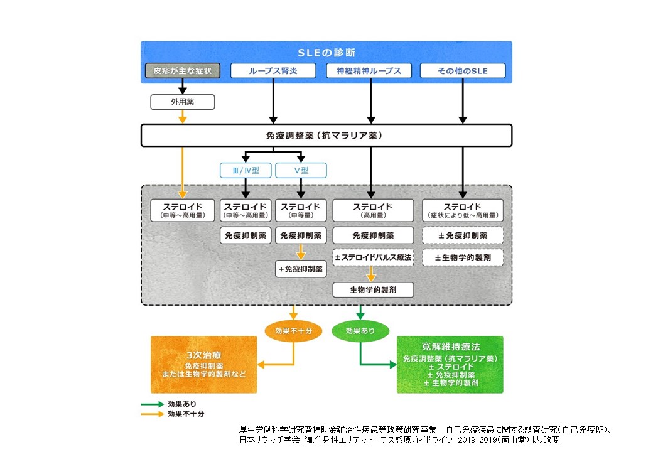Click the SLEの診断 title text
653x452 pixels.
click(326, 53)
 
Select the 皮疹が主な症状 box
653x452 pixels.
click(183, 71)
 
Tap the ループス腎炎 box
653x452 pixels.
click(273, 71)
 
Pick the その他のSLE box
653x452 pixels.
click(463, 71)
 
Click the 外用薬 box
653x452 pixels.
click(183, 101)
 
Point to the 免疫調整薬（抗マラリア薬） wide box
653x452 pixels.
click(326, 136)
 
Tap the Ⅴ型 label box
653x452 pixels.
click(301, 170)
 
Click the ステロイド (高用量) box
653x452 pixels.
click(373, 211)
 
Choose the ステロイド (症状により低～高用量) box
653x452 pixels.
click(463, 211)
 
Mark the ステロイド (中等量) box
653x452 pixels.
click(301, 211)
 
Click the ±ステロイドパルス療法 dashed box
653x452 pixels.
click(373, 257)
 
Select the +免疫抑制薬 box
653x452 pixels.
click(301, 269)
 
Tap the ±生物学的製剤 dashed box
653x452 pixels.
click(463, 257)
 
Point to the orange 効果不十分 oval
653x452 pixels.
click(294, 331)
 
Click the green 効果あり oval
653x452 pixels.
click(360, 331)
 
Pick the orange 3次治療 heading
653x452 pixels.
click(203, 354)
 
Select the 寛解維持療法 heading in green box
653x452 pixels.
click(450, 347)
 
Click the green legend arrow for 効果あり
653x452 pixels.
click(151, 404)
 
